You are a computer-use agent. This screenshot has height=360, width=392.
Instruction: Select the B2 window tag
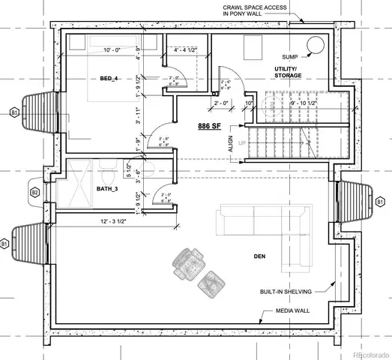pyautogui.click(x=34, y=193)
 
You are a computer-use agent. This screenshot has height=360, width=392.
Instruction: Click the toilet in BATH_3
pyautogui.click(x=144, y=170)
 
